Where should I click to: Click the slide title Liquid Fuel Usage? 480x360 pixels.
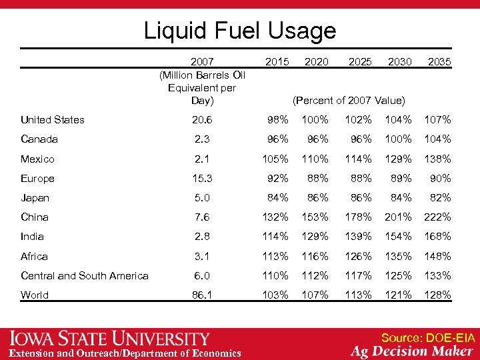click(240, 31)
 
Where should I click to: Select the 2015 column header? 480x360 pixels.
click(277, 61)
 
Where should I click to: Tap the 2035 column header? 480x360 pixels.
click(439, 61)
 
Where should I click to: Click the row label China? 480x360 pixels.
click(35, 217)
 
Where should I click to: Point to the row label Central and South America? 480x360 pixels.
click(85, 275)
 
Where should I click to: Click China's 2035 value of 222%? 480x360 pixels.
click(438, 217)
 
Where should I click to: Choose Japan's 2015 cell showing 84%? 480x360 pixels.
click(277, 197)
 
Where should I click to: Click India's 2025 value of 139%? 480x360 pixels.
click(359, 236)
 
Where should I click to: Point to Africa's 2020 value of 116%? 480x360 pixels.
click(315, 256)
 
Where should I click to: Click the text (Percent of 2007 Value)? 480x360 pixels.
click(349, 100)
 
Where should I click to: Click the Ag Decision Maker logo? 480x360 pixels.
click(413, 352)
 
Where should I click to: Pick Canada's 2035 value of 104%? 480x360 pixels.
click(438, 139)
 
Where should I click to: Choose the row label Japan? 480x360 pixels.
click(35, 197)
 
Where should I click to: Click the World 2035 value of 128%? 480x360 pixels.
click(438, 295)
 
